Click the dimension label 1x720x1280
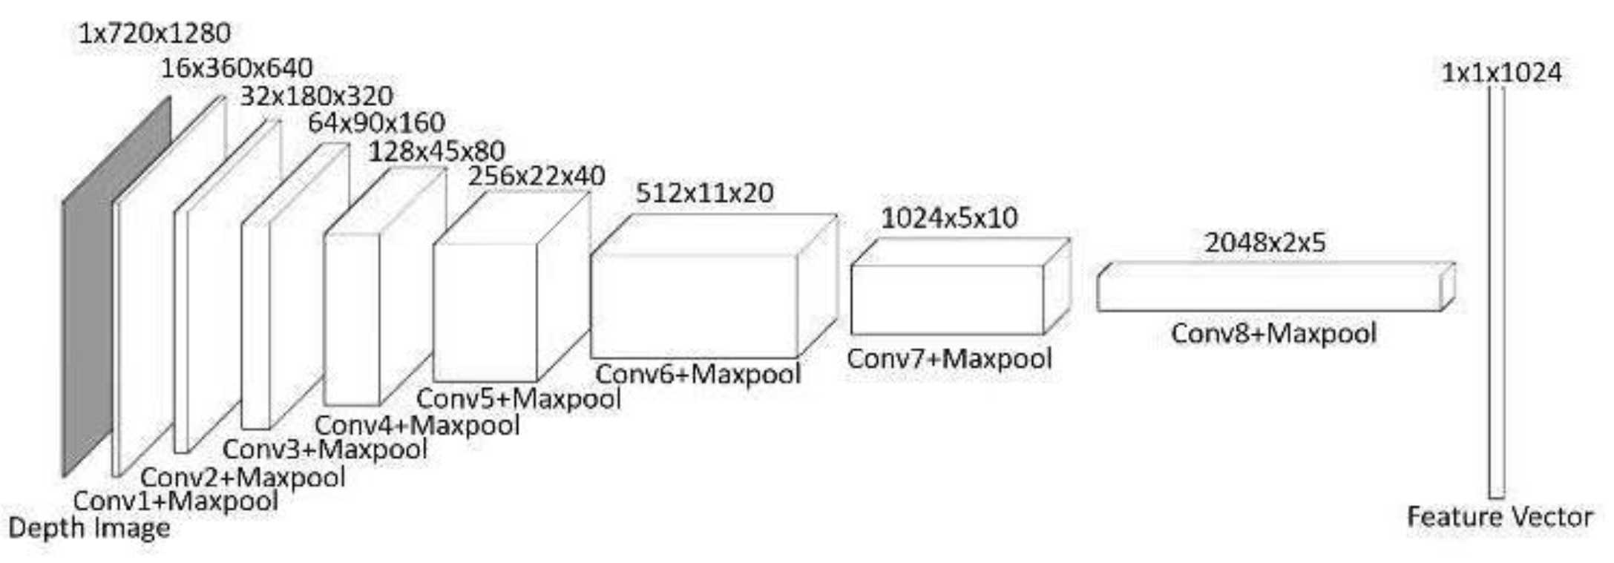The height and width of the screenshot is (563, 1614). click(154, 33)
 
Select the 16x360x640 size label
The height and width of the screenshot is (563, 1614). click(237, 68)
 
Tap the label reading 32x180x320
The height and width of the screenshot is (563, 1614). click(316, 96)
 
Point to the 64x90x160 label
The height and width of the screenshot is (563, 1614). click(376, 122)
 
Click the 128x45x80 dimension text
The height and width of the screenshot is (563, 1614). click(436, 151)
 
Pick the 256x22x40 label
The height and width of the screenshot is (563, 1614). click(537, 176)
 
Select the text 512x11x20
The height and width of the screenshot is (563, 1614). click(704, 193)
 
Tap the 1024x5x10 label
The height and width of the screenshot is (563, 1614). click(949, 218)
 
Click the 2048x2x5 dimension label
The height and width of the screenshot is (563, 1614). click(1264, 243)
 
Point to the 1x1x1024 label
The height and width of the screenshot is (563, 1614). click(1501, 73)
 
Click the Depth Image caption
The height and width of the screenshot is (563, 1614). click(89, 528)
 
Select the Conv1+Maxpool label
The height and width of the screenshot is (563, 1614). click(176, 501)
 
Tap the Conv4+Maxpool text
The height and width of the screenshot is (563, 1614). click(417, 426)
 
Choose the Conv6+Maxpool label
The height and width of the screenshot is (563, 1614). click(698, 373)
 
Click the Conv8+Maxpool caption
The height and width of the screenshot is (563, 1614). click(1273, 333)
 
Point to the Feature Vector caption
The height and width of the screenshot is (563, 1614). click(1500, 516)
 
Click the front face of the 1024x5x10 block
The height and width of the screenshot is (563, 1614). click(947, 300)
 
